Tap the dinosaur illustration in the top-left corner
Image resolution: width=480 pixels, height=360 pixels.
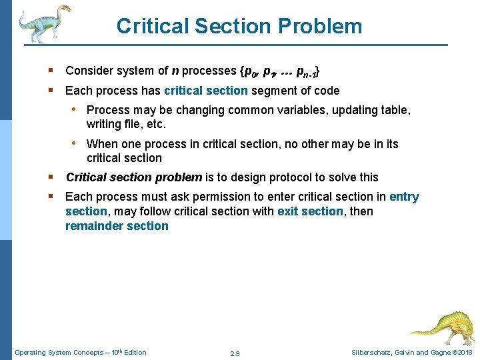(x=43, y=23)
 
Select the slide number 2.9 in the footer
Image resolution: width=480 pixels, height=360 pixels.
(x=234, y=353)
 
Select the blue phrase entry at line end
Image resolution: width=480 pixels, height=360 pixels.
(x=404, y=197)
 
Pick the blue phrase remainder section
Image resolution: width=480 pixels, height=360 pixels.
(x=117, y=226)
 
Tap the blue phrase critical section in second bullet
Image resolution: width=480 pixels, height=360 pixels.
(x=205, y=91)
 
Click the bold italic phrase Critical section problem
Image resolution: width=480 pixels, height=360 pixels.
(x=133, y=177)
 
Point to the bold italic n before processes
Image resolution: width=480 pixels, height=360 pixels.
(x=175, y=71)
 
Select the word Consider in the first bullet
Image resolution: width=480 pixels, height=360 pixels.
(x=89, y=71)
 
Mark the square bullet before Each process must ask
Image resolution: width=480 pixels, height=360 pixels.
(x=51, y=197)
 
